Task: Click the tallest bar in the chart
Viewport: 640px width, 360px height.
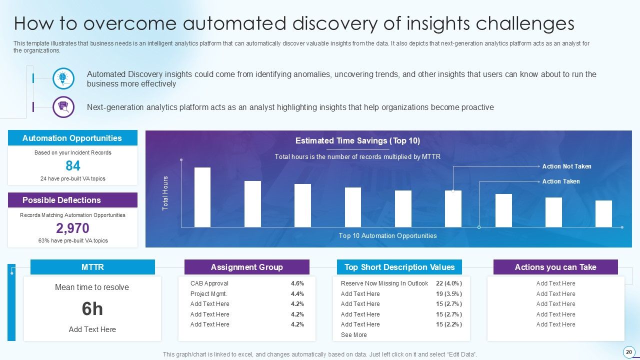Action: pyautogui.click(x=202, y=197)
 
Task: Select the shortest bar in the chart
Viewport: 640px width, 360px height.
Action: pyautogui.click(x=603, y=213)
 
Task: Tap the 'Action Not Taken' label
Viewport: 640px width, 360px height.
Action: pyautogui.click(x=566, y=166)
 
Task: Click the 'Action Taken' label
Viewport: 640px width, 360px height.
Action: pyautogui.click(x=561, y=181)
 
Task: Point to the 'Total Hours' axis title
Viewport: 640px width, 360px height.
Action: pyautogui.click(x=165, y=193)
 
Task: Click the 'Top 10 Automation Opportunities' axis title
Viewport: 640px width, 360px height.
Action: pyautogui.click(x=387, y=236)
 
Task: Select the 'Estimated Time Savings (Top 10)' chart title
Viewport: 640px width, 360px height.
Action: pyautogui.click(x=357, y=141)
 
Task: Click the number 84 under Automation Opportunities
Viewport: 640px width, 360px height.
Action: pyautogui.click(x=73, y=166)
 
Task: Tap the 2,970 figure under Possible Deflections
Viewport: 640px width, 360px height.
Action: pyautogui.click(x=73, y=228)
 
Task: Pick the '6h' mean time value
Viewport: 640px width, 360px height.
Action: pyautogui.click(x=92, y=309)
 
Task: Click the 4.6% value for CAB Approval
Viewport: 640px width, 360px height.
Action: pyautogui.click(x=297, y=283)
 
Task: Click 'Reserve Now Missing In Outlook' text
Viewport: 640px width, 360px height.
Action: pyautogui.click(x=384, y=283)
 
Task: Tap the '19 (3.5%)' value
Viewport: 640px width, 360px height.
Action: pyautogui.click(x=448, y=294)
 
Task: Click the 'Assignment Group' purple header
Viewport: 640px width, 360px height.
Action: pyautogui.click(x=247, y=267)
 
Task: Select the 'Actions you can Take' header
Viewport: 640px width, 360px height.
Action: pyautogui.click(x=555, y=267)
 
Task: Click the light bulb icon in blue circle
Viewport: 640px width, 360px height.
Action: pyautogui.click(x=63, y=78)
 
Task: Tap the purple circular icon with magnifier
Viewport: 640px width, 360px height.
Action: pyautogui.click(x=63, y=106)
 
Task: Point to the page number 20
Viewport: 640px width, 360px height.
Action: pyautogui.click(x=628, y=351)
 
